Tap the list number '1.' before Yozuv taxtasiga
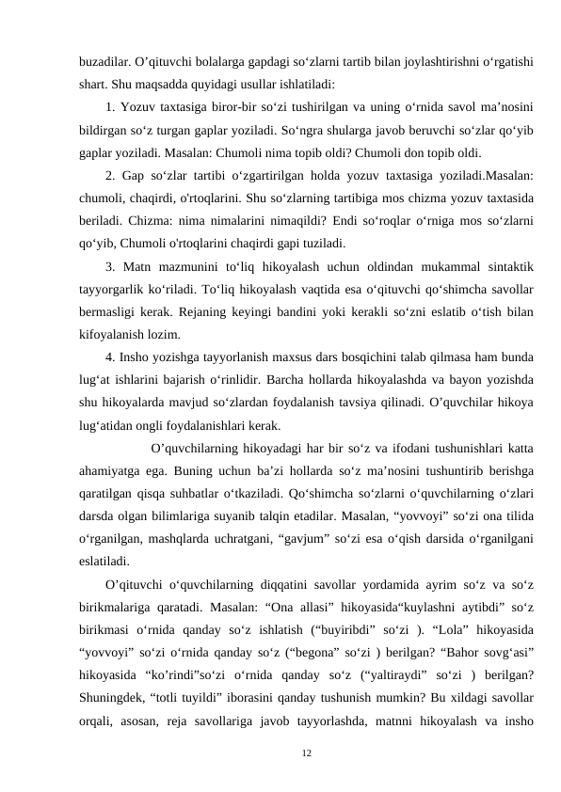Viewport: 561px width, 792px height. (111, 105)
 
